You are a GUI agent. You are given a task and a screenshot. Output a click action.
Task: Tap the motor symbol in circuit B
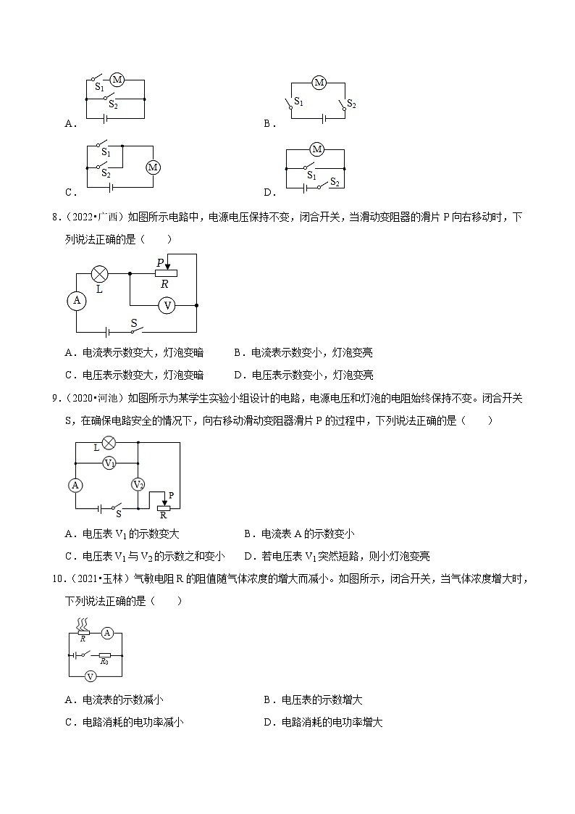tap(319, 83)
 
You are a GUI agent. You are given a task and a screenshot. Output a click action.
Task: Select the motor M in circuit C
tap(153, 167)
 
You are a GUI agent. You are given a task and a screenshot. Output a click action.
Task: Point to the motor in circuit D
tap(316, 150)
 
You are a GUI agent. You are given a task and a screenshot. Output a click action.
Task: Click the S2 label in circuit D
tap(335, 183)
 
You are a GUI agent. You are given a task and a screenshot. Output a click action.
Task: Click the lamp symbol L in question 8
tap(99, 274)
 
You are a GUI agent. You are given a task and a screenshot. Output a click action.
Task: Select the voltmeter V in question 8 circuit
tap(167, 306)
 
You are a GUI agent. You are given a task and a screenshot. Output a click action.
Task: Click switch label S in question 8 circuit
tap(133, 323)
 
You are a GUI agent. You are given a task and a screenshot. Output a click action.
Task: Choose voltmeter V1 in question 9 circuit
tap(109, 462)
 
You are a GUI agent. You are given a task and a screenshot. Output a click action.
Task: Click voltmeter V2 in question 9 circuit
tap(138, 484)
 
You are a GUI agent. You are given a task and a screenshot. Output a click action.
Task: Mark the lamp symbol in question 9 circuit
tap(109, 442)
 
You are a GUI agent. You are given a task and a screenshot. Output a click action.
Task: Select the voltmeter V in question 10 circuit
tap(91, 676)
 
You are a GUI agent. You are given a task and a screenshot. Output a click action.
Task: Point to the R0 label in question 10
tap(104, 661)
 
